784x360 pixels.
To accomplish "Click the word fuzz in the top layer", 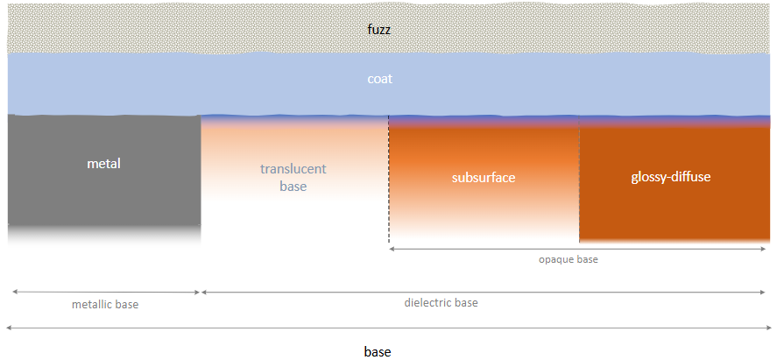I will (379, 29).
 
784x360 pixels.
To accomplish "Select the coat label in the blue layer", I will (379, 79).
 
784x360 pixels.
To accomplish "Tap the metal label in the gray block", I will (103, 164).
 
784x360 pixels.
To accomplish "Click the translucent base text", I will (293, 178).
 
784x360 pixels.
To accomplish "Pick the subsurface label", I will (484, 177).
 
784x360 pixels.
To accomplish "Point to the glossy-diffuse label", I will (670, 177).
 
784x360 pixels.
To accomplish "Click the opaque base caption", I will (568, 260).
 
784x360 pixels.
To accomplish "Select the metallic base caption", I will (104, 305).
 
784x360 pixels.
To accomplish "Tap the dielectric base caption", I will (441, 303).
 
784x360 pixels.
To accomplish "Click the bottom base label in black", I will (377, 352).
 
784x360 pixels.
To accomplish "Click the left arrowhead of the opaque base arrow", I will (392, 250).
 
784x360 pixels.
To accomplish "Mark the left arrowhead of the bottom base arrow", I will (9, 327).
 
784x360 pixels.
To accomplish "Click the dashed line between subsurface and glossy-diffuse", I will (579, 184).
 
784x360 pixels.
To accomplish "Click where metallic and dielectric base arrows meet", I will (201, 292).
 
